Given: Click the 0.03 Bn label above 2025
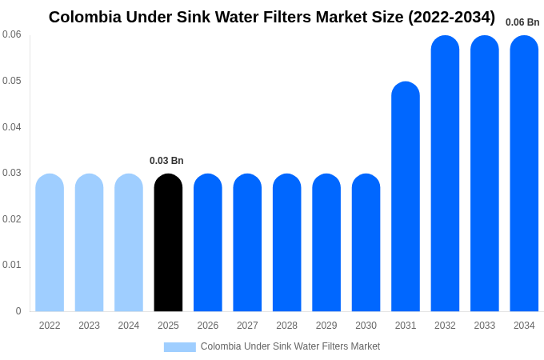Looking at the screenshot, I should [x=166, y=161].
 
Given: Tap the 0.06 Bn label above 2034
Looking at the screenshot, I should [x=522, y=22].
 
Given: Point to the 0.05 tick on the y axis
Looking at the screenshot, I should [x=12, y=81].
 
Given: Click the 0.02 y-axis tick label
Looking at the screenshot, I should [x=12, y=219].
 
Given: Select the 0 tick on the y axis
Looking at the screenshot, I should [x=18, y=311].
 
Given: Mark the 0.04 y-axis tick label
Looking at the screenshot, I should [x=12, y=127].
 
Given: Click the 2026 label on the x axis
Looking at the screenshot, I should [x=208, y=326].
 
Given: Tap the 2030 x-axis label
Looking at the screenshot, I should [x=366, y=326].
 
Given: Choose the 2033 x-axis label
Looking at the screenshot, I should [x=484, y=326].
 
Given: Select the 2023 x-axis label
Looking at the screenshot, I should [x=89, y=326].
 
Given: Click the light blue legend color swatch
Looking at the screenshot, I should [x=180, y=347].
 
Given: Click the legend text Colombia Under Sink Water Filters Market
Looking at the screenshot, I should [x=290, y=346].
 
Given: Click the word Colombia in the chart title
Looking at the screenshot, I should [x=86, y=17].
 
